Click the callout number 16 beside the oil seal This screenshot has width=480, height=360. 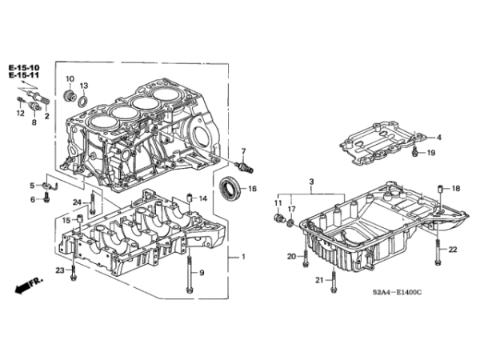[252, 189]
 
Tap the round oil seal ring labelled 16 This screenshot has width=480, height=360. [230, 188]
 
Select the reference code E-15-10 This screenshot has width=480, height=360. [24, 68]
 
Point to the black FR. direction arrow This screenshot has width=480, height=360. [22, 287]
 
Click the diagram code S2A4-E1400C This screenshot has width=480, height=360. [397, 292]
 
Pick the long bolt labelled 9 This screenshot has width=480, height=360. [190, 274]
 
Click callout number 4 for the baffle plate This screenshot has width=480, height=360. [439, 138]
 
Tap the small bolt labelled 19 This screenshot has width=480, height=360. [415, 151]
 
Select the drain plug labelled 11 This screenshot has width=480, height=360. [278, 218]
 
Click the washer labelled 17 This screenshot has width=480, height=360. [291, 222]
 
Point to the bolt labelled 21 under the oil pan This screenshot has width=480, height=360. [334, 281]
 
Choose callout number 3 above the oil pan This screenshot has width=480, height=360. [312, 182]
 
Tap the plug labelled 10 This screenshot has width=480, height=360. [69, 95]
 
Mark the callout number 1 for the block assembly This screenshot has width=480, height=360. [244, 257]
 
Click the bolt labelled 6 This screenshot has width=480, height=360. [46, 197]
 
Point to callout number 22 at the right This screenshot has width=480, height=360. [453, 250]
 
